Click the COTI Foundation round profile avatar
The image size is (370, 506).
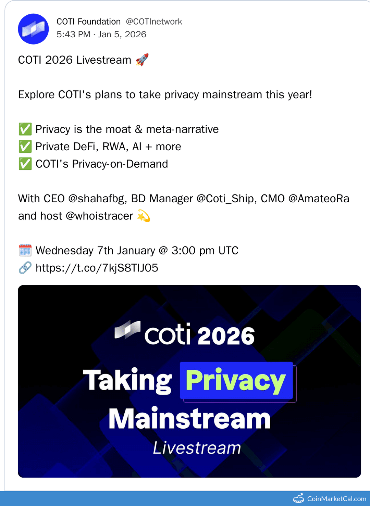tap(33, 29)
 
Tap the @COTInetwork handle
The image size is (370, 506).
tap(154, 22)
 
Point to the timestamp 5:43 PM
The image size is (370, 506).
tap(73, 35)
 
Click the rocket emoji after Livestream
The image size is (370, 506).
tap(142, 60)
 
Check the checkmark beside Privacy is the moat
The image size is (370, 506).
tap(25, 129)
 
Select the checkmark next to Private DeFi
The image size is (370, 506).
tap(25, 147)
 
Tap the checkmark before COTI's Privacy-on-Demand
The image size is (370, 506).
tap(25, 164)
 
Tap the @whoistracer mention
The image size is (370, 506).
tap(99, 216)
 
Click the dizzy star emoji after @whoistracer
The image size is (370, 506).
tap(144, 216)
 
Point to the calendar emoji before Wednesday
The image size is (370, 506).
tap(25, 251)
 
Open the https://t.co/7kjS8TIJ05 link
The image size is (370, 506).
tap(97, 268)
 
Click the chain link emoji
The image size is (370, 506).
tap(25, 268)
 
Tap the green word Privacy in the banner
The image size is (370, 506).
tap(236, 381)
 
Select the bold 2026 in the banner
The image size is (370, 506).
tap(226, 336)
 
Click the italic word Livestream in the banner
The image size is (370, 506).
tap(197, 448)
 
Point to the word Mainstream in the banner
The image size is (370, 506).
tap(189, 418)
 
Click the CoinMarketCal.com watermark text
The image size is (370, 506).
tap(336, 499)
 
